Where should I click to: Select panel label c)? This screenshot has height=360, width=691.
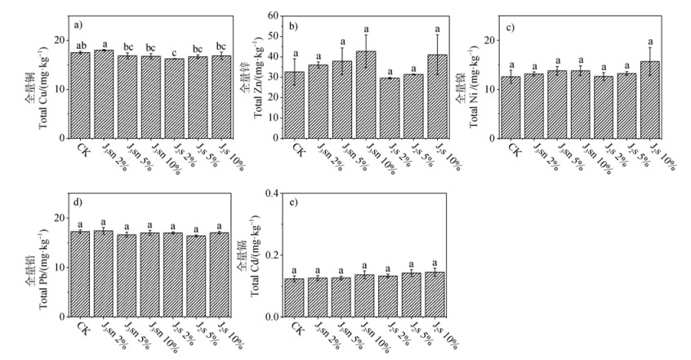(x=509, y=27)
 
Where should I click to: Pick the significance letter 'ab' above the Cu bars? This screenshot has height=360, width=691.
(x=80, y=46)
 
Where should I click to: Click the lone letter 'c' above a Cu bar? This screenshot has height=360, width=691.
(x=174, y=51)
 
